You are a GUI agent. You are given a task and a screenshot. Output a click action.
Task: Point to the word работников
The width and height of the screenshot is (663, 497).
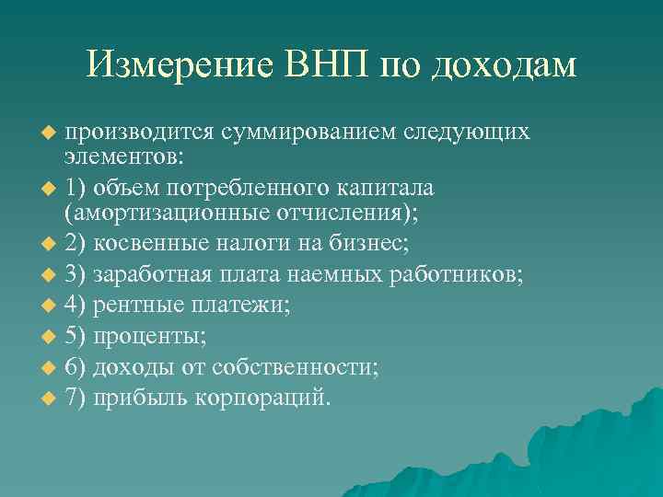459,274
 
